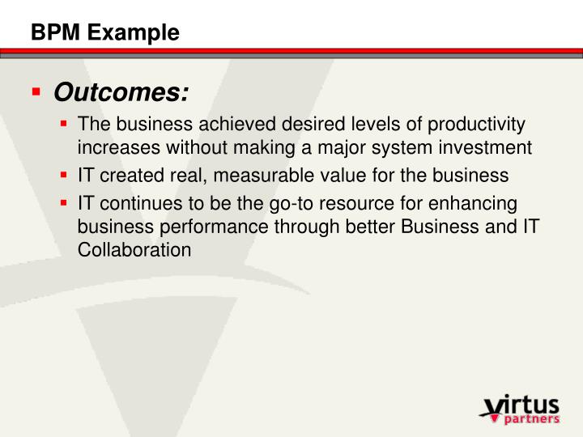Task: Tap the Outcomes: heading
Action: (121, 93)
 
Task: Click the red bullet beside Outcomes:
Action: (36, 91)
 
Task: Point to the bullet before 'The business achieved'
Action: (65, 125)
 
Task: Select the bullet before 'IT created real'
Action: (65, 175)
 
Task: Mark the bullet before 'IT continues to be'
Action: (65, 203)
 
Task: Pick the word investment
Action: (485, 147)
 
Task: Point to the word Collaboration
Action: (134, 250)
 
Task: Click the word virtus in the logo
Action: (521, 404)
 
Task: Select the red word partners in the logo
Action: (531, 419)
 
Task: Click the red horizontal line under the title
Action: (291, 51)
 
